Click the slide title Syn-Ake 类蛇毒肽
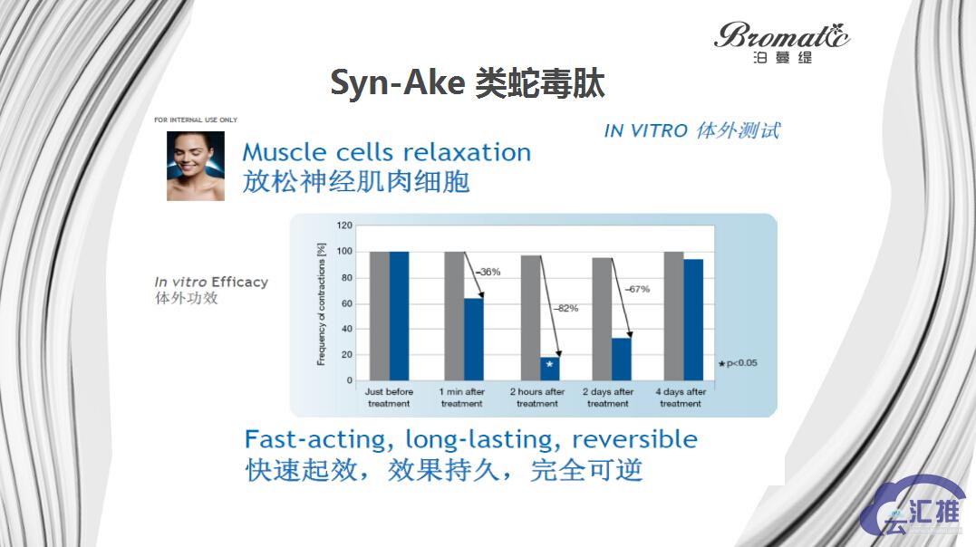click(x=468, y=83)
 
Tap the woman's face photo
click(x=195, y=166)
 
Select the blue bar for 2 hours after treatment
click(x=549, y=369)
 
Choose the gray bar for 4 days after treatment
click(x=672, y=316)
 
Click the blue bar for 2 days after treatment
click(x=621, y=359)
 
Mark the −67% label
click(x=637, y=289)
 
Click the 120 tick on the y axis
click(x=344, y=225)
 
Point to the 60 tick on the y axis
click(x=347, y=302)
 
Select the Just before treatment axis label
click(x=388, y=398)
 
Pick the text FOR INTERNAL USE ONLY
click(x=196, y=120)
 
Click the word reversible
click(x=634, y=440)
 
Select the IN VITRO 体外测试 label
click(x=691, y=130)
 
